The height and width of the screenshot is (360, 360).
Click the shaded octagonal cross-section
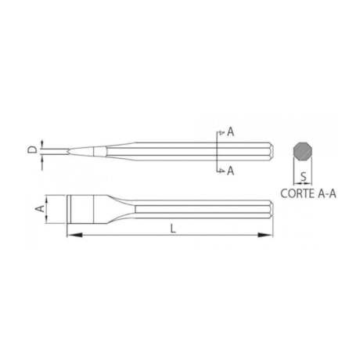click(301, 152)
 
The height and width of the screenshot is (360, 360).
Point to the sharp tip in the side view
click(69, 150)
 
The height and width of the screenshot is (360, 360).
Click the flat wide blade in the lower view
click(81, 207)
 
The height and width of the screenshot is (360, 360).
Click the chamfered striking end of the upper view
click(269, 150)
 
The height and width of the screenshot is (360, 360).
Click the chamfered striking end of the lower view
click(269, 207)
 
